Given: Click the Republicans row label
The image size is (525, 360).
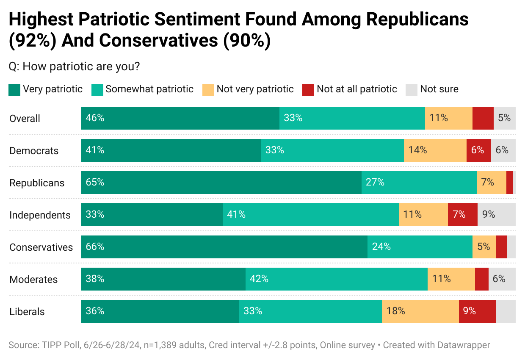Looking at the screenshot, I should (x=37, y=183).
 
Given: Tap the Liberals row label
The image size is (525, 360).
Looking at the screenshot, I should (x=27, y=312).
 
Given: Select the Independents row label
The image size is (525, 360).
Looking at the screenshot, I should (x=40, y=215).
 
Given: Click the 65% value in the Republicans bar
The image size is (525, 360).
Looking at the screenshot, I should (x=95, y=183).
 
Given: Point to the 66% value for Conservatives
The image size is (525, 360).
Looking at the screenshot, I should (x=95, y=247).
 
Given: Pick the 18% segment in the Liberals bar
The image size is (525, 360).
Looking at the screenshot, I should (x=420, y=311).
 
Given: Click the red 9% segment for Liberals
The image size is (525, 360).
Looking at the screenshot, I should (x=477, y=311).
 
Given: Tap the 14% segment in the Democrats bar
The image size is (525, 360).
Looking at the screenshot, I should (x=435, y=150).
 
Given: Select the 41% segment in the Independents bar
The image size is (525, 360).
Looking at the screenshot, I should (x=310, y=215).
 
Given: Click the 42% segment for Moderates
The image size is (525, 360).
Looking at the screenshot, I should (x=336, y=279).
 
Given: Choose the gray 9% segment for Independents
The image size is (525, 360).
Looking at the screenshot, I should (x=496, y=215).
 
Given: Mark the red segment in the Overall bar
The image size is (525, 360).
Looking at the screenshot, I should (x=483, y=118).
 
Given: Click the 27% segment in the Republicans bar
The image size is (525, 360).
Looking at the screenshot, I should (x=419, y=183).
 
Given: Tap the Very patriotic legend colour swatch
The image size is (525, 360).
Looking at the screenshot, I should (x=14, y=89).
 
